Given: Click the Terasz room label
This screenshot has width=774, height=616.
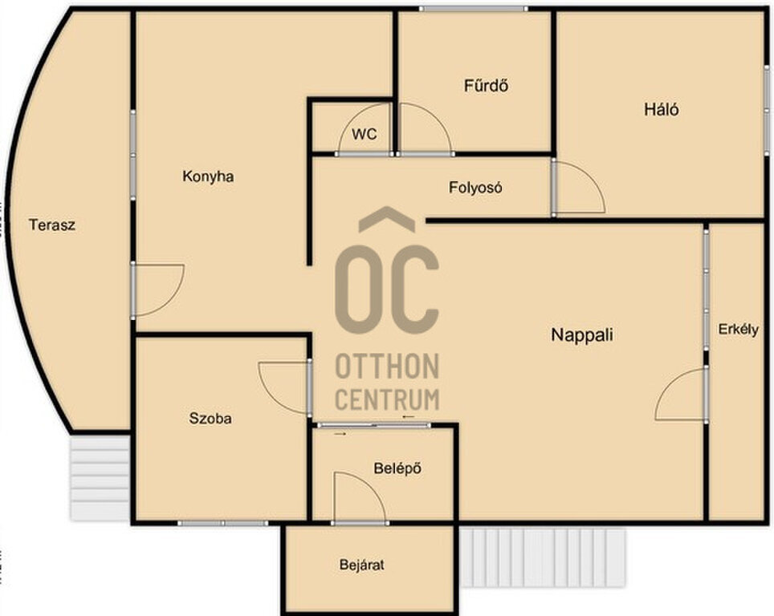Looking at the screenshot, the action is (x=52, y=225).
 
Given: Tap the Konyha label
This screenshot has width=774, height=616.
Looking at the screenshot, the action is (x=208, y=176).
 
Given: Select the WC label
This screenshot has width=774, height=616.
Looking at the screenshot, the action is (x=365, y=134).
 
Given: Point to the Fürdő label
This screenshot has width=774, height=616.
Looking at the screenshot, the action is (x=486, y=85).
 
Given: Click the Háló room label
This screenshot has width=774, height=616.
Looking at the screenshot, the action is (x=661, y=109).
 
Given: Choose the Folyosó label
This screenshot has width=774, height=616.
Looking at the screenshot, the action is (x=475, y=188).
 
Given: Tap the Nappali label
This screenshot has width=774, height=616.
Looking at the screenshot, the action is (x=582, y=335).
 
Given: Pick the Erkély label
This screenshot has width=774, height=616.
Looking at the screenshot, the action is (x=738, y=330).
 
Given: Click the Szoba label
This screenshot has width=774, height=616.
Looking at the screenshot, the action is (x=210, y=418).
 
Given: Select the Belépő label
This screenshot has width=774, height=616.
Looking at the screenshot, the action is (x=397, y=468).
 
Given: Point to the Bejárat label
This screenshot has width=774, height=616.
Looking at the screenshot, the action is (x=362, y=565).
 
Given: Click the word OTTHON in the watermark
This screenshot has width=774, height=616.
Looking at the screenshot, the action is (x=387, y=367).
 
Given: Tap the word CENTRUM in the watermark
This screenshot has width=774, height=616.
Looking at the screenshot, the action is (x=387, y=399).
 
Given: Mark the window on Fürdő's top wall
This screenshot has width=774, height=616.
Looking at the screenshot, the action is (x=474, y=9).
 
